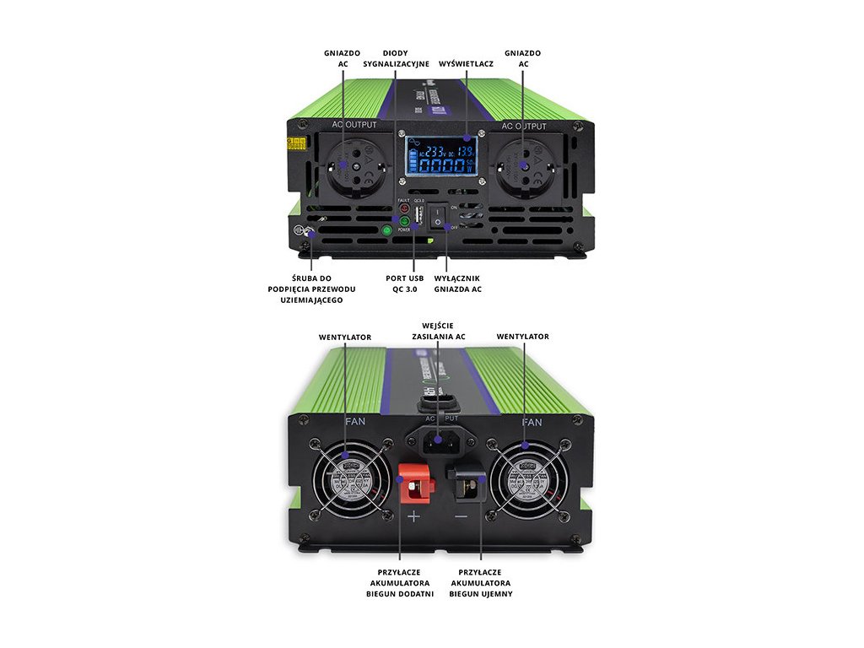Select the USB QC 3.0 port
419,216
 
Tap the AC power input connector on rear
440,440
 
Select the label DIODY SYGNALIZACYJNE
396,58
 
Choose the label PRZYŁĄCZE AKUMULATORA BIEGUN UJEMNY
481,582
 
